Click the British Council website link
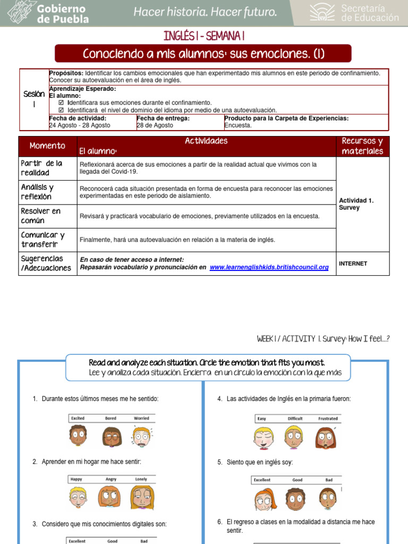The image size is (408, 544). pyautogui.click(x=269, y=267)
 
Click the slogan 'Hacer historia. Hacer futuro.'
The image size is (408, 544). pyautogui.click(x=205, y=12)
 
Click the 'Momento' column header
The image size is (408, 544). pyautogui.click(x=48, y=146)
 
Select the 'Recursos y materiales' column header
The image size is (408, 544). pyautogui.click(x=362, y=146)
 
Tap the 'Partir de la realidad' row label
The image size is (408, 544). pyautogui.click(x=42, y=168)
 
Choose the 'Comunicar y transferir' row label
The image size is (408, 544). pyautogui.click(x=43, y=240)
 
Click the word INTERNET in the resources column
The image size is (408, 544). pyautogui.click(x=353, y=263)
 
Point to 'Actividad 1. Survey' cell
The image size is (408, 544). pyautogui.click(x=356, y=204)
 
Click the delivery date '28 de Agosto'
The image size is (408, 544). pyautogui.click(x=155, y=125)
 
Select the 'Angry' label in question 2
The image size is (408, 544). pyautogui.click(x=110, y=479)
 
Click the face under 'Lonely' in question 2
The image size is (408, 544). pyautogui.click(x=142, y=498)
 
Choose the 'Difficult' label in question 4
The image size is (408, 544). pyautogui.click(x=295, y=418)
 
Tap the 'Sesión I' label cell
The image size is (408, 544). pyautogui.click(x=34, y=99)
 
